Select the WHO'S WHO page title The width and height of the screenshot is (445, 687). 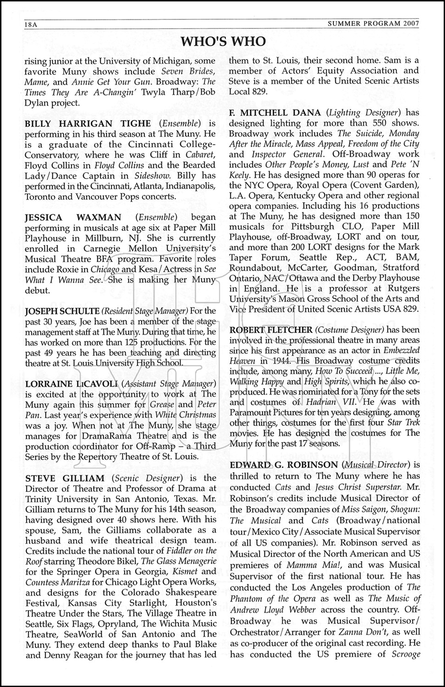pyautogui.click(x=223, y=42)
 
